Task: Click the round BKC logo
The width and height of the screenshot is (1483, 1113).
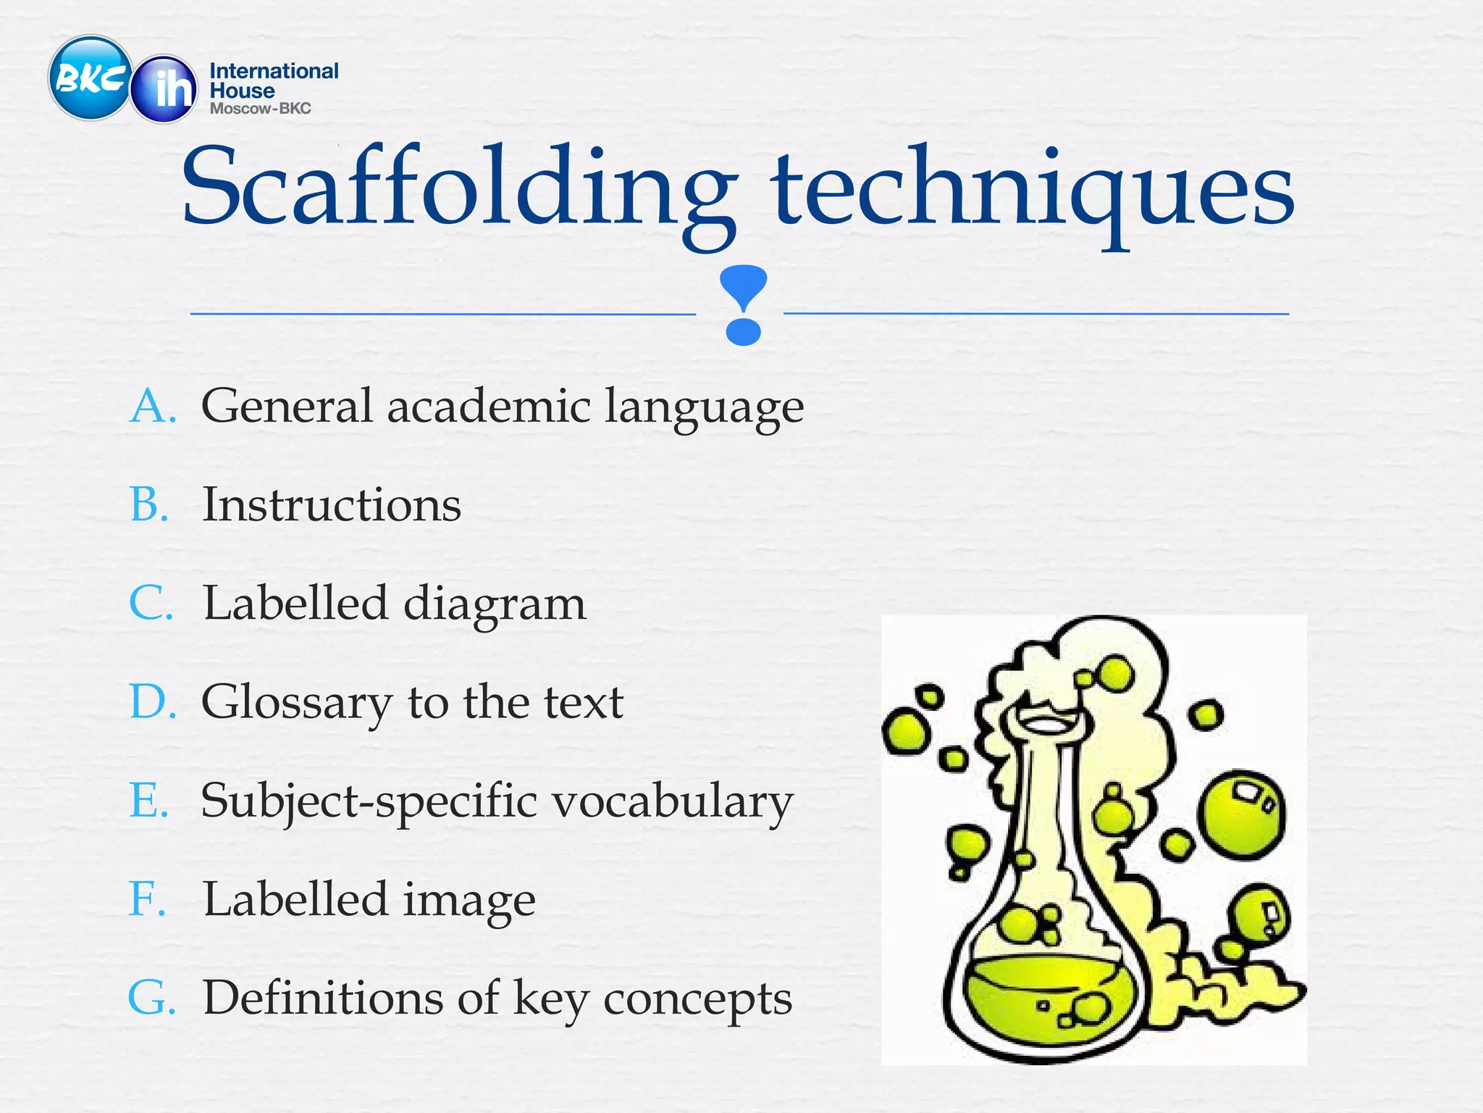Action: (x=90, y=78)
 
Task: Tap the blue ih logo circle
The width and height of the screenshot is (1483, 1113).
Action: (x=164, y=88)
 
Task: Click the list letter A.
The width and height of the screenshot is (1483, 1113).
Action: (x=152, y=406)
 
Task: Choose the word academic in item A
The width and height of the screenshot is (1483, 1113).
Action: (x=489, y=406)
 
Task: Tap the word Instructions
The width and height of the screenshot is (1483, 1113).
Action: (x=332, y=504)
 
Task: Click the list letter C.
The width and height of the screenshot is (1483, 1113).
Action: (x=151, y=604)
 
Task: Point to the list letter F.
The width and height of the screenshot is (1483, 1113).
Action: (x=147, y=899)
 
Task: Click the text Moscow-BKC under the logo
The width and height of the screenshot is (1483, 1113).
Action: (x=260, y=109)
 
